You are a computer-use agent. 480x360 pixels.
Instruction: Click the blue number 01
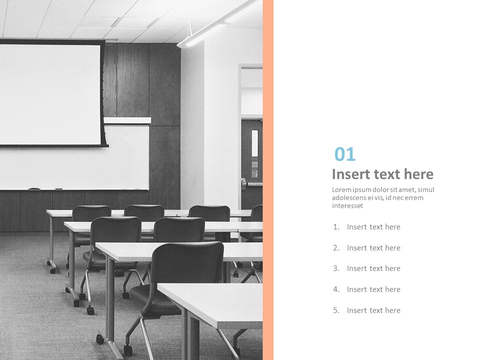click(344, 154)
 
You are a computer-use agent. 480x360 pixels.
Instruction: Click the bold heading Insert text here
click(382, 174)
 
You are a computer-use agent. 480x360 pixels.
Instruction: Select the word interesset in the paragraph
click(347, 205)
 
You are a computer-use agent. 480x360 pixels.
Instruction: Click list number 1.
click(336, 227)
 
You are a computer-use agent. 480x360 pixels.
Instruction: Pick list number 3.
click(336, 268)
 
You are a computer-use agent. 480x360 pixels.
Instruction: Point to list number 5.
click(336, 310)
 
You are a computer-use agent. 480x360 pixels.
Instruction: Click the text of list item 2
click(373, 248)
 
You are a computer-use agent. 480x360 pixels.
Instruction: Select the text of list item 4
click(373, 289)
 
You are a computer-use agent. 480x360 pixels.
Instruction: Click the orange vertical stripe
click(268, 180)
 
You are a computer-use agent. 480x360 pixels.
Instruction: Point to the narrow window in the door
click(254, 143)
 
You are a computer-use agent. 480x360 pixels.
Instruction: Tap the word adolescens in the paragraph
click(350, 197)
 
